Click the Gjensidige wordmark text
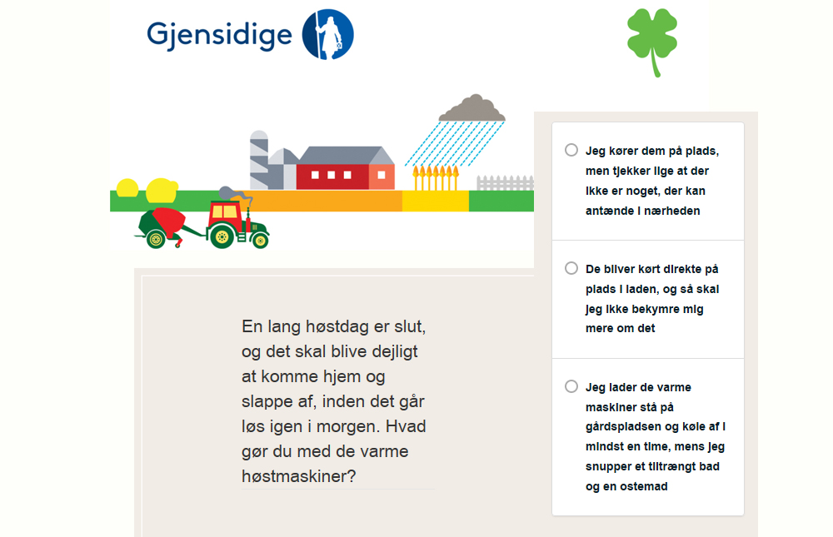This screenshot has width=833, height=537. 219,36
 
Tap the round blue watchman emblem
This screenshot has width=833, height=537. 327,34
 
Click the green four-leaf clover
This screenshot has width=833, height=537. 652,42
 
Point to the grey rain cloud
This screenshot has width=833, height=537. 471,108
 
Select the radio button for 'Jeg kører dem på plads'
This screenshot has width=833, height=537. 571,151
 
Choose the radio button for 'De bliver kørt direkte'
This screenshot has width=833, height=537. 571,268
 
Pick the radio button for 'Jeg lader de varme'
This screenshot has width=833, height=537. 571,386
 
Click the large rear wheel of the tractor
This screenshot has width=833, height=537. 222,236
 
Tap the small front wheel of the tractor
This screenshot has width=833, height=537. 260,241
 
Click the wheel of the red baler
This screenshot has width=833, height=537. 157,240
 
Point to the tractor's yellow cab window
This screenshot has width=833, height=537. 223,212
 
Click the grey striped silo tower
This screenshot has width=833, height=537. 259,160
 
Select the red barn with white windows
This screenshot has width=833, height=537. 346,168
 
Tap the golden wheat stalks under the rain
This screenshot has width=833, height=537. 436,177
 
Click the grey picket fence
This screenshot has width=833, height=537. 506,182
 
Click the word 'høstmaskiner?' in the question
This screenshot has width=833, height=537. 298,476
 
